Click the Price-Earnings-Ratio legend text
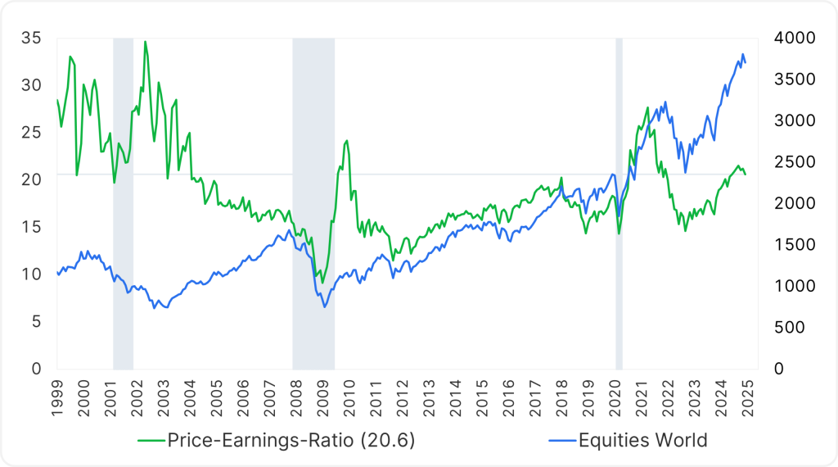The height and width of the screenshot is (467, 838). [x=291, y=440]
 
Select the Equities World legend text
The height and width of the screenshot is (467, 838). [x=642, y=440]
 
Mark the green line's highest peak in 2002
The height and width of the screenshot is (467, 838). [x=145, y=42]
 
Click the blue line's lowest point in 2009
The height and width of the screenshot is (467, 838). [x=324, y=307]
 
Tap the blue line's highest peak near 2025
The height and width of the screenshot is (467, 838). [x=742, y=55]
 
